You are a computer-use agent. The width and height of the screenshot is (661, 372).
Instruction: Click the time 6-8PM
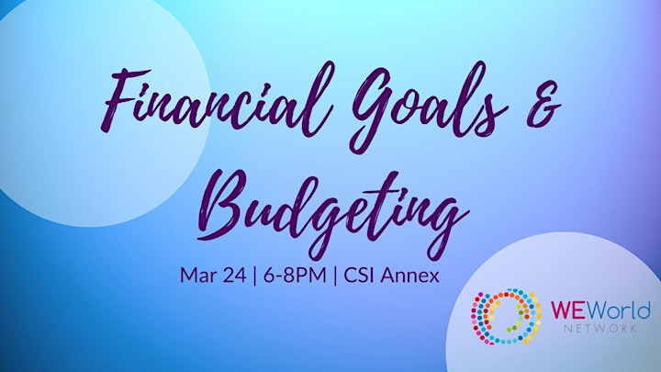tap(295, 276)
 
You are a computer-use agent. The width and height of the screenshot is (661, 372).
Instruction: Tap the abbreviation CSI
tap(360, 276)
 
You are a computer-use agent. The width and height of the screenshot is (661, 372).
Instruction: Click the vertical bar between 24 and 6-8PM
tap(254, 276)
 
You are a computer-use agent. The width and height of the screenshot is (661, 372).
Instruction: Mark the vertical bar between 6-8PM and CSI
tap(335, 276)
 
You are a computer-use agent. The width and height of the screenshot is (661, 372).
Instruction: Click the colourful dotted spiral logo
tap(506, 316)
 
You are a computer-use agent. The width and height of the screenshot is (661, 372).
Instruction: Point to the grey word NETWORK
tap(600, 328)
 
